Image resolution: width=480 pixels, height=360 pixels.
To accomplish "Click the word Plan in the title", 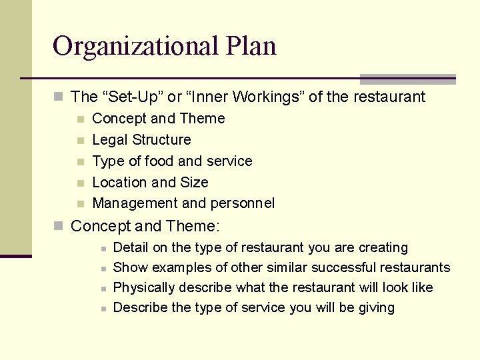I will (x=251, y=47).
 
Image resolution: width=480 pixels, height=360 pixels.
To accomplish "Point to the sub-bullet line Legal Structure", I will (x=141, y=140).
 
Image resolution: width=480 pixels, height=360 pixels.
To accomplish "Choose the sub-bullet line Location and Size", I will (x=150, y=183).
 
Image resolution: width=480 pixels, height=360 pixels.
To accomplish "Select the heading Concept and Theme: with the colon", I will (x=145, y=226).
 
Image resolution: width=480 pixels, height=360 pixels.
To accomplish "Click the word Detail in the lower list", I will (x=131, y=248).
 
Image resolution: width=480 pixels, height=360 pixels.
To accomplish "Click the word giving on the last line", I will (x=377, y=308).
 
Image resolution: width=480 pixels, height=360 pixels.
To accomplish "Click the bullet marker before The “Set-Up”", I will (x=59, y=97).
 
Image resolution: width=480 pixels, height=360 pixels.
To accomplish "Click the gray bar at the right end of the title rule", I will (x=407, y=79).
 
